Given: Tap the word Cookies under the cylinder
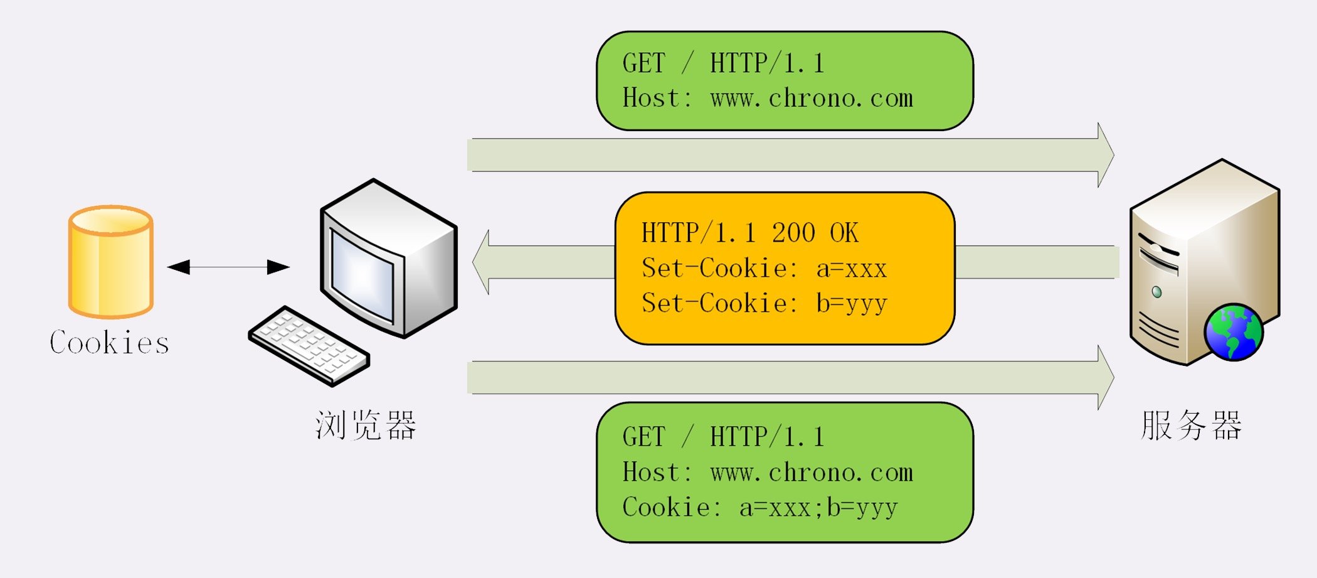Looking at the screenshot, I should [x=109, y=343].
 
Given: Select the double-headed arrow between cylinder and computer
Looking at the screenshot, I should [x=228, y=267].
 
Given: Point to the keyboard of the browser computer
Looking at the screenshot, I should [x=309, y=345].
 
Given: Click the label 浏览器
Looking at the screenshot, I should [x=366, y=425].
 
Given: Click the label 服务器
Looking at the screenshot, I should [x=1190, y=425].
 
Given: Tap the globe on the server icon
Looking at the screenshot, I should [x=1233, y=333].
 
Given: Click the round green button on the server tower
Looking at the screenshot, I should [x=1156, y=292].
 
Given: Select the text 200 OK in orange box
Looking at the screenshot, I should [x=814, y=233].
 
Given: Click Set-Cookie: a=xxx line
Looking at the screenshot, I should [x=763, y=269].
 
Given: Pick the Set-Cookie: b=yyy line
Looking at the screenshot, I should [x=763, y=304].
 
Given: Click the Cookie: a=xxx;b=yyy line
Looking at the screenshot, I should [x=759, y=508].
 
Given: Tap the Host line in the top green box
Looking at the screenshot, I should [x=767, y=99].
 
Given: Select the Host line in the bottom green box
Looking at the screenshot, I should [x=767, y=473].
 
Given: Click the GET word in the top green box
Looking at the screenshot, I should [x=643, y=63].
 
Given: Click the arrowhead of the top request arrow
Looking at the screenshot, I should [x=1105, y=155].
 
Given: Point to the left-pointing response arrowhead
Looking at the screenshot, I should [x=482, y=262].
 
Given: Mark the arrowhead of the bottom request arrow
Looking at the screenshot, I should [x=1105, y=377].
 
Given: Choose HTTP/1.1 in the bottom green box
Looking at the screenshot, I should [x=766, y=437].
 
